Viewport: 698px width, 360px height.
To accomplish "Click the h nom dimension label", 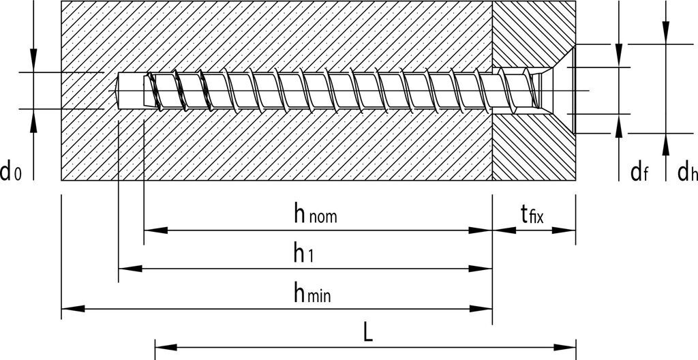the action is [315, 215].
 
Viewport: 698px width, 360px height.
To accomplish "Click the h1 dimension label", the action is [303, 254].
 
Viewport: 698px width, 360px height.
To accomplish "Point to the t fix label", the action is [532, 215].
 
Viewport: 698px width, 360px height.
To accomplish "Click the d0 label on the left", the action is [12, 172].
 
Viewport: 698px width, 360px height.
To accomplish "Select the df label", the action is [639, 172].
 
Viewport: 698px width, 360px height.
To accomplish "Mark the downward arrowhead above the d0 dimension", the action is [33, 63].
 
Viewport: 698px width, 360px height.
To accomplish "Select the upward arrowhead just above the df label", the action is [618, 125].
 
